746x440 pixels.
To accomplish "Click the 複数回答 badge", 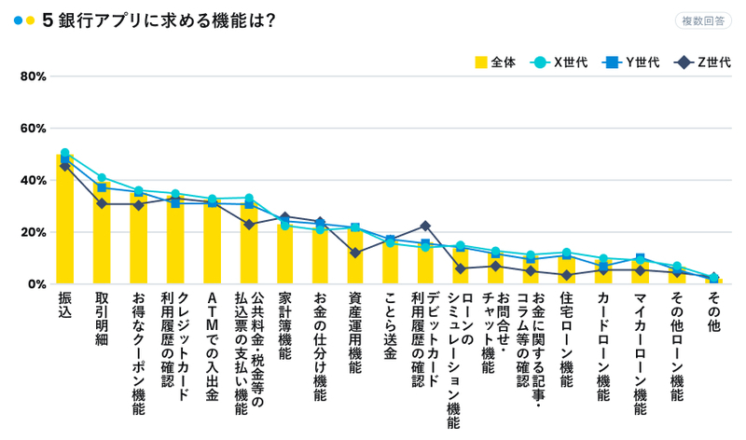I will pos(704,21).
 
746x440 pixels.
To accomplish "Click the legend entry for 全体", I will pos(495,62).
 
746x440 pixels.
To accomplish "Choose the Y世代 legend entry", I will pos(630,62).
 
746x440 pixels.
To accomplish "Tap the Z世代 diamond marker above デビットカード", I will pos(425,226).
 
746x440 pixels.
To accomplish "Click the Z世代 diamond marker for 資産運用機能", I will pos(354,253).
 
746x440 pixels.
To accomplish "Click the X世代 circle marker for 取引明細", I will pos(102,177).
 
